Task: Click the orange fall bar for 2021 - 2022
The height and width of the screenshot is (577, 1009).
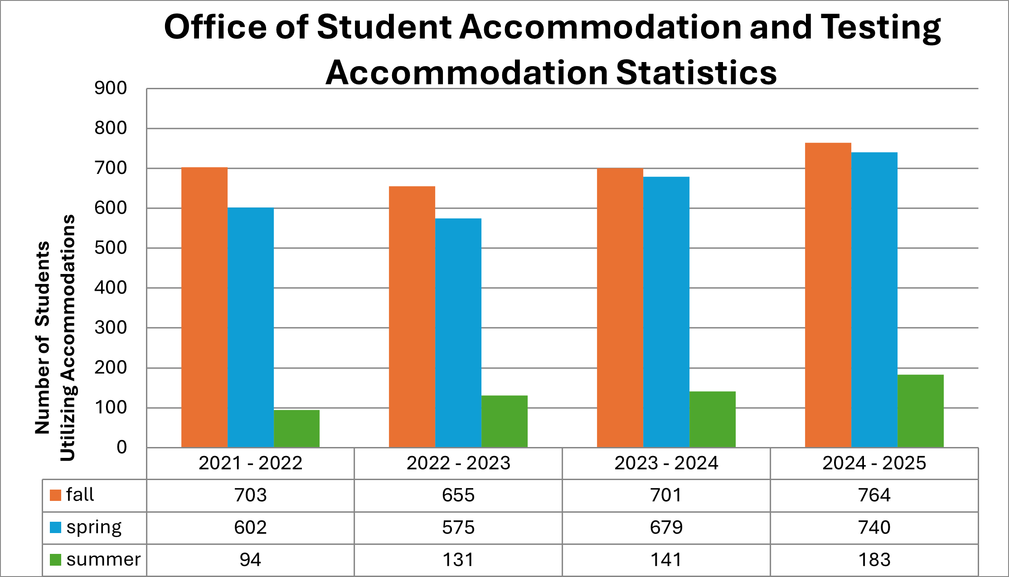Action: (204, 308)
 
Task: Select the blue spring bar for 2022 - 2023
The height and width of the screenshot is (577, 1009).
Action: (458, 333)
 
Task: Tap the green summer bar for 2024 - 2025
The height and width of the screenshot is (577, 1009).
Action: (920, 411)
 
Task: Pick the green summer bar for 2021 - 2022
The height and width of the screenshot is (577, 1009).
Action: (296, 428)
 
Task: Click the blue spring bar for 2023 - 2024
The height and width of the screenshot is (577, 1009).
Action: (666, 312)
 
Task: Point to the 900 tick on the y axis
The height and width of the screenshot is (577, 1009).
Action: (111, 88)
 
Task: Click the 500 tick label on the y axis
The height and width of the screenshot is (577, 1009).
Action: (111, 248)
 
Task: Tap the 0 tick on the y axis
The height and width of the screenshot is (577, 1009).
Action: (121, 447)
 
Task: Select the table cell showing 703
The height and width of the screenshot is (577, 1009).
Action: (250, 495)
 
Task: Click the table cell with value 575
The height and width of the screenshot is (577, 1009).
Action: (458, 528)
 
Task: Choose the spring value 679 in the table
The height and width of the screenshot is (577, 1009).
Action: (666, 528)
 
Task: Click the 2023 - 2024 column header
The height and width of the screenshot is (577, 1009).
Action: (666, 463)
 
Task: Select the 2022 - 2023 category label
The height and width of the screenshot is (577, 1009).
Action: (458, 463)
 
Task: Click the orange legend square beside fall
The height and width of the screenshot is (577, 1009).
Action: (55, 495)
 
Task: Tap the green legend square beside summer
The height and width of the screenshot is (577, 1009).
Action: (55, 560)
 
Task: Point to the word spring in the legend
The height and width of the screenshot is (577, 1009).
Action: (94, 528)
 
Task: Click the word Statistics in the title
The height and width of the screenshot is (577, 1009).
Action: (696, 73)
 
